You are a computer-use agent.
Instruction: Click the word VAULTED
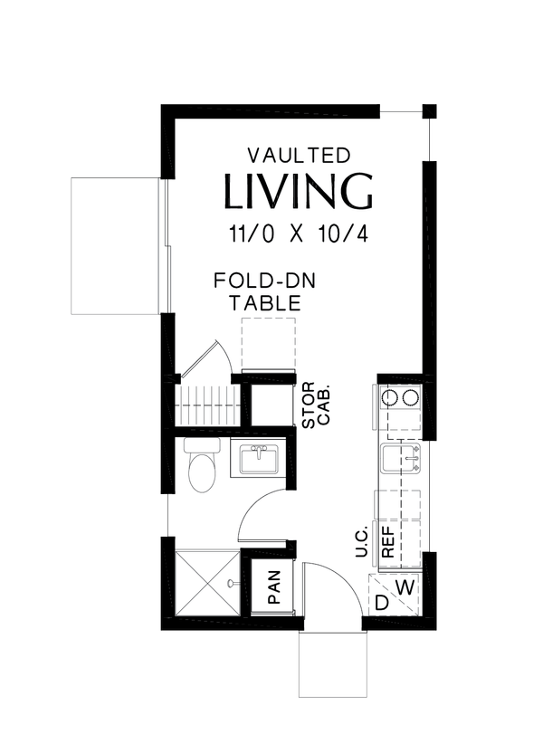[299, 156]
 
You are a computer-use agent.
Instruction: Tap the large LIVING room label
[299, 191]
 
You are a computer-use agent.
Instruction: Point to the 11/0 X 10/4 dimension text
[299, 234]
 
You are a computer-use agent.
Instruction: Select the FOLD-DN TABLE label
[264, 292]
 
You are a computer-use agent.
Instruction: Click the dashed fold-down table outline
[269, 343]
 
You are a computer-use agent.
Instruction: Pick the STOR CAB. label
[316, 405]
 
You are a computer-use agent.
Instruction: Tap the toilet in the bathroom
[201, 465]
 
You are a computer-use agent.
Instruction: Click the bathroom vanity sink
[259, 459]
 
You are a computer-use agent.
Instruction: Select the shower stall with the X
[207, 582]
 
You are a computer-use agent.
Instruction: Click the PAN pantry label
[274, 586]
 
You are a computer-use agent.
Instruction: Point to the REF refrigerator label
[388, 542]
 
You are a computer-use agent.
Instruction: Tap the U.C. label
[361, 542]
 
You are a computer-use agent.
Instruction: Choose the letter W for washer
[405, 586]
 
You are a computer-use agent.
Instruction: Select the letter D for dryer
[381, 603]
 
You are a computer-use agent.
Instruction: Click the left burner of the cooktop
[389, 397]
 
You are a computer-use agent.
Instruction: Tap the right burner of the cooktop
[411, 397]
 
